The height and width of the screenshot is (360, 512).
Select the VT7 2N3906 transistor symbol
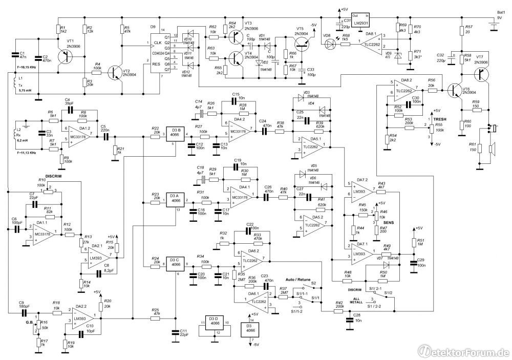[x=481, y=73]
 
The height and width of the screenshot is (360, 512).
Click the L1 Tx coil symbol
[x=9, y=85]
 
